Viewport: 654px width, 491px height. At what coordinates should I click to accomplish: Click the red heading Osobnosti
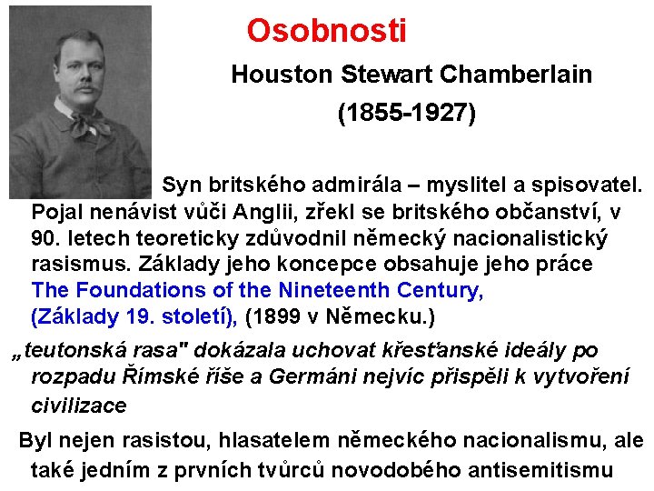[326, 32]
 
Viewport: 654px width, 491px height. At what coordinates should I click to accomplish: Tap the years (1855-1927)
[406, 114]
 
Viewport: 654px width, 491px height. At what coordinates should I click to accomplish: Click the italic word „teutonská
[65, 350]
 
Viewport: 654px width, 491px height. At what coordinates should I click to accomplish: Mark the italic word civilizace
[79, 404]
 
